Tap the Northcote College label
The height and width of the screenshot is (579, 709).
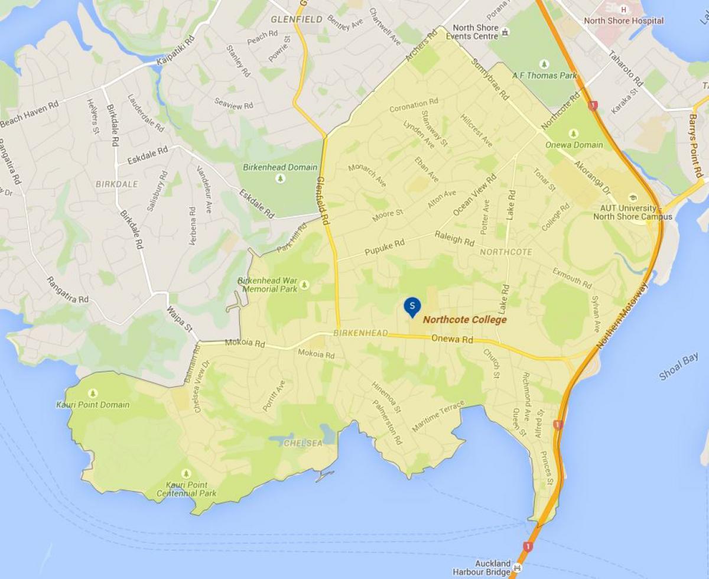tap(465, 320)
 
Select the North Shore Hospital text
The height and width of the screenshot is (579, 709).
tap(623, 21)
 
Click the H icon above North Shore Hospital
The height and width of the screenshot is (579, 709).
tap(623, 9)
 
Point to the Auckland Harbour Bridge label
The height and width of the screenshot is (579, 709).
tap(481, 567)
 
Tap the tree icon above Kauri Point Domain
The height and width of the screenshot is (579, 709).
tap(92, 393)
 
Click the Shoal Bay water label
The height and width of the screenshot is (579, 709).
tap(678, 367)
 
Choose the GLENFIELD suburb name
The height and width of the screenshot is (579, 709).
tap(297, 19)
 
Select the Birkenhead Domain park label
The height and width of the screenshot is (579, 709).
tap(280, 167)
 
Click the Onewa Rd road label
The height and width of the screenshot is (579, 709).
tap(453, 340)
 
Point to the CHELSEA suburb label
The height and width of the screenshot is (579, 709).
tap(303, 443)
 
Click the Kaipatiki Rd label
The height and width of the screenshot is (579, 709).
tap(175, 52)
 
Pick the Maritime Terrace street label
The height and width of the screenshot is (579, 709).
tap(438, 416)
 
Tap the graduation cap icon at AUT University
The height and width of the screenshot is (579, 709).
tap(633, 198)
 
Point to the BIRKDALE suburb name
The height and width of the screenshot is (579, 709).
tap(117, 184)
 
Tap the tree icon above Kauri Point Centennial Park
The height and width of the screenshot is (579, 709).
tap(186, 473)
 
